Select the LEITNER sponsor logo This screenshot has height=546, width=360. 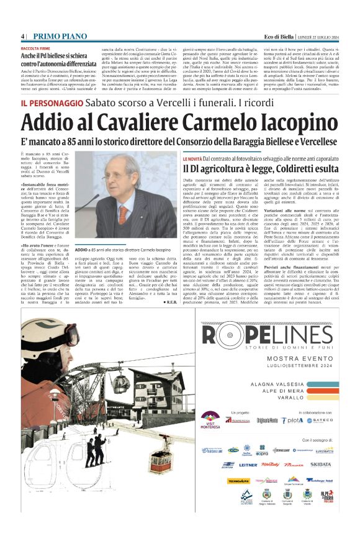(x=247, y=465)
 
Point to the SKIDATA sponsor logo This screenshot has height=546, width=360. (x=322, y=465)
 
